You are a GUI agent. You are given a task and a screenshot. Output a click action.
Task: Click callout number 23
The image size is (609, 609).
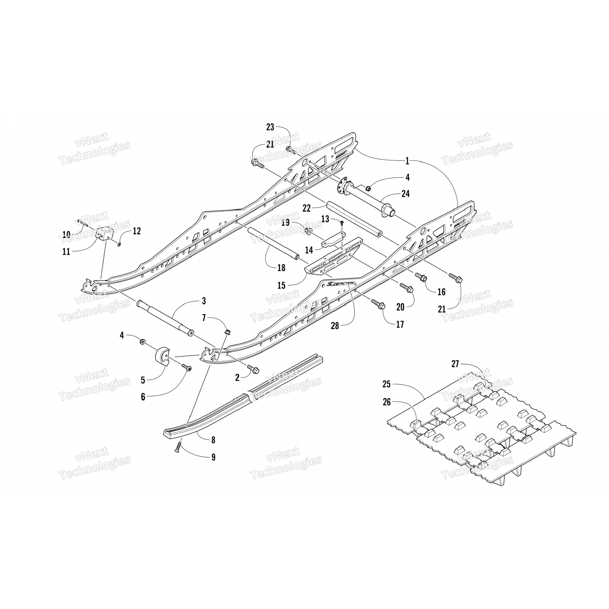(x=270, y=127)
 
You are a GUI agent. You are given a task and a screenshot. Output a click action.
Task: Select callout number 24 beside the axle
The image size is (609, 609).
(x=405, y=194)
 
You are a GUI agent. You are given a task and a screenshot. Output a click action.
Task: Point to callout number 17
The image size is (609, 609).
(x=400, y=324)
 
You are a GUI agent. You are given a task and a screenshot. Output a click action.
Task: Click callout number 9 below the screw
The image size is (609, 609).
(x=213, y=457)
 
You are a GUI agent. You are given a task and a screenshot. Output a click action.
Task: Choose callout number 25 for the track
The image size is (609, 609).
(x=386, y=384)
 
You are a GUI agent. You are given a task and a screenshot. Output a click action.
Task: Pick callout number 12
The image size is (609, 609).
(x=137, y=231)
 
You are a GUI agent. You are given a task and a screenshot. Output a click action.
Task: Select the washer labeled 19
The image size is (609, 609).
(x=309, y=231)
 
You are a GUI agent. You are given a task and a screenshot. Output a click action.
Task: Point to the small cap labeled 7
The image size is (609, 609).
(x=227, y=332)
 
